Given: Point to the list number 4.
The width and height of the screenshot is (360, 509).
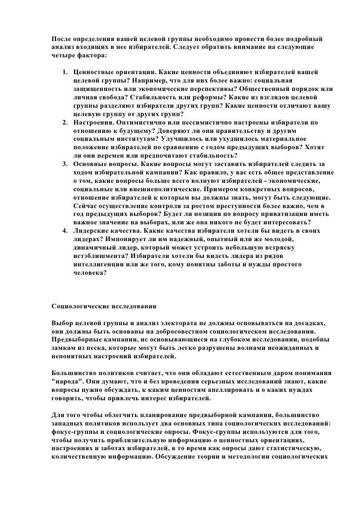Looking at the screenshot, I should [x=64, y=230].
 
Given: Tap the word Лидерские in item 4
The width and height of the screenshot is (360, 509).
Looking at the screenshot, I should [x=92, y=230].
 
